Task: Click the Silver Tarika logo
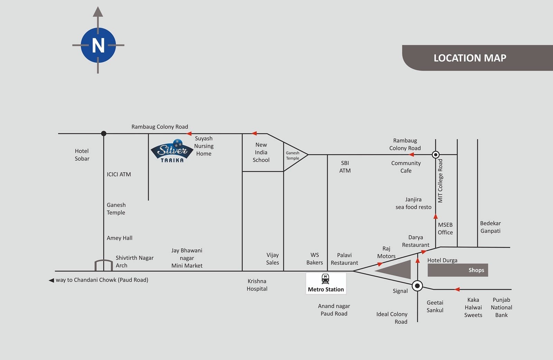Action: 172,151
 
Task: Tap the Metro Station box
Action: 326,283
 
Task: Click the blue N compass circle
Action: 98,45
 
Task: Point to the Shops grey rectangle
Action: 458,270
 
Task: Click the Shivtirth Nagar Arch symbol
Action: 104,265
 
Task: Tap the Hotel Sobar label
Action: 82,155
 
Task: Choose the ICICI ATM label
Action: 119,174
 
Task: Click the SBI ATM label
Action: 345,167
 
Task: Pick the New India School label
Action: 261,152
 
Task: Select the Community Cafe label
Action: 406,167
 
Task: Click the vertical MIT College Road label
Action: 440,181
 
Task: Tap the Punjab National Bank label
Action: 501,307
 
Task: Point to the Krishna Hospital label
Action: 257,285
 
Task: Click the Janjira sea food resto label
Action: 413,203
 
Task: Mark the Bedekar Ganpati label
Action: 490,227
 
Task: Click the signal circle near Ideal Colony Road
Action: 418,286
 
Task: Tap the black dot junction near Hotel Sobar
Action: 104,133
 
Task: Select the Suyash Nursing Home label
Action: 204,146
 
